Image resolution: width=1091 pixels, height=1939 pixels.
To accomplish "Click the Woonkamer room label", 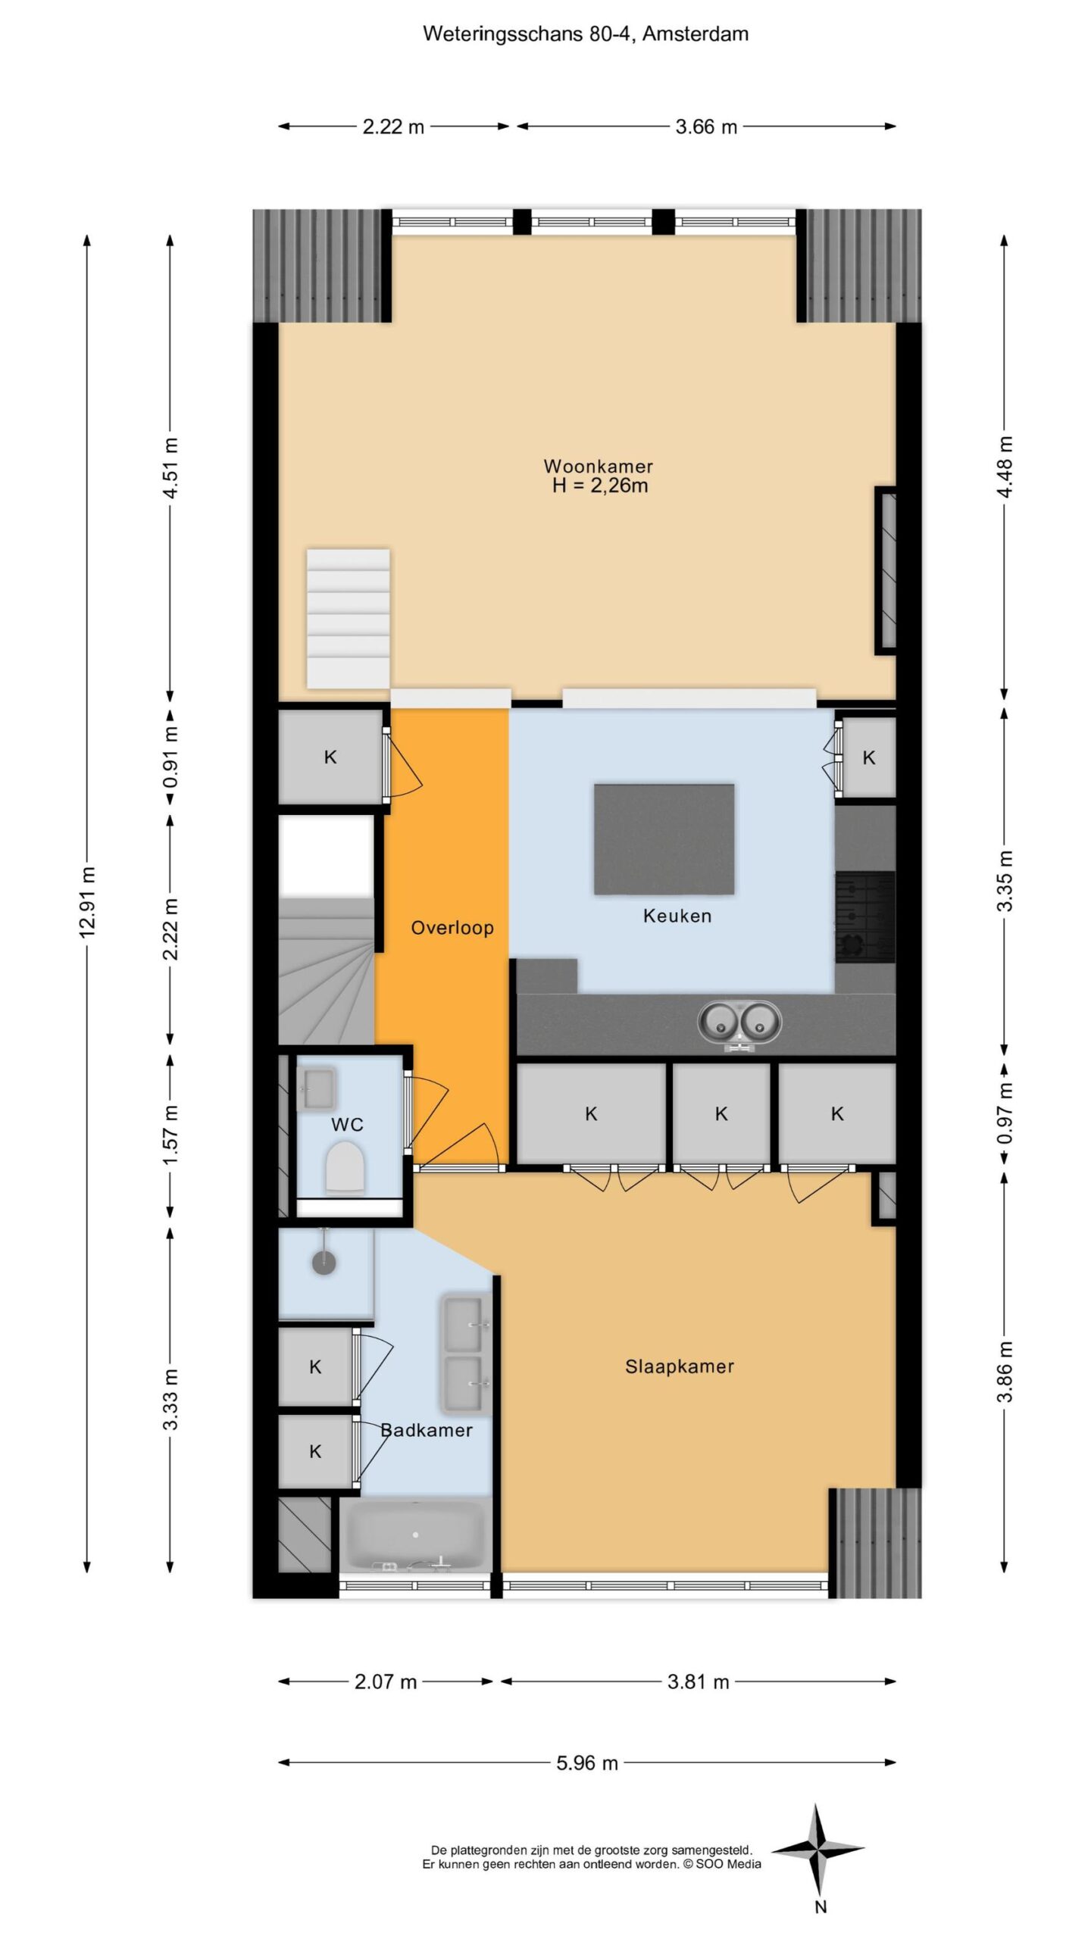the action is coord(598,466).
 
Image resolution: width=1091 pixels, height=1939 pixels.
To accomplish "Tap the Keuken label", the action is coord(677,916).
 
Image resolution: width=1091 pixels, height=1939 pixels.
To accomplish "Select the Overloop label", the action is coord(452,928).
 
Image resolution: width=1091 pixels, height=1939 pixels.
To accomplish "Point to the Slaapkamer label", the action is coord(680,1366).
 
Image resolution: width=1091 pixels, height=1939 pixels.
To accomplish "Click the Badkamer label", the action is coord(427,1430).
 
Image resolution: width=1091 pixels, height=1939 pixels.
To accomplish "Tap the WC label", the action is coord(347,1125).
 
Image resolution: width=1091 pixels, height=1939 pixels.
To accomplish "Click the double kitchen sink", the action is coord(739,1023).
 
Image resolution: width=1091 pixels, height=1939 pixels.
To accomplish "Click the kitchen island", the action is coord(664,839).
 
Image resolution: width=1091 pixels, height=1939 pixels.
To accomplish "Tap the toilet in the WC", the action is coord(345,1169).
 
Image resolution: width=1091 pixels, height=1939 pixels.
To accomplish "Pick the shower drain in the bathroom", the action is coord(324,1263).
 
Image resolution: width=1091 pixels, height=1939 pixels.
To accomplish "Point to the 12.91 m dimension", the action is coord(87,901).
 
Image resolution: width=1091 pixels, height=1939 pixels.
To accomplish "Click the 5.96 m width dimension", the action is coord(587,1763).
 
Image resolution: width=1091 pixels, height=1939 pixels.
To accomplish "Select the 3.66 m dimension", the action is coord(706,126).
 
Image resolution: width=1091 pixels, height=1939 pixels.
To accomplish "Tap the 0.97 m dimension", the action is coord(1005,1113).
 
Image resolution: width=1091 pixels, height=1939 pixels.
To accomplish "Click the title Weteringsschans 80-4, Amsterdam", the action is coord(586,34).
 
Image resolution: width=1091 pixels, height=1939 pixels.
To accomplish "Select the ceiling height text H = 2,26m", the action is coord(600,486).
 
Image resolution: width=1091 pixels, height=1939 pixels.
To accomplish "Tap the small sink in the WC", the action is coord(316,1088).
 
